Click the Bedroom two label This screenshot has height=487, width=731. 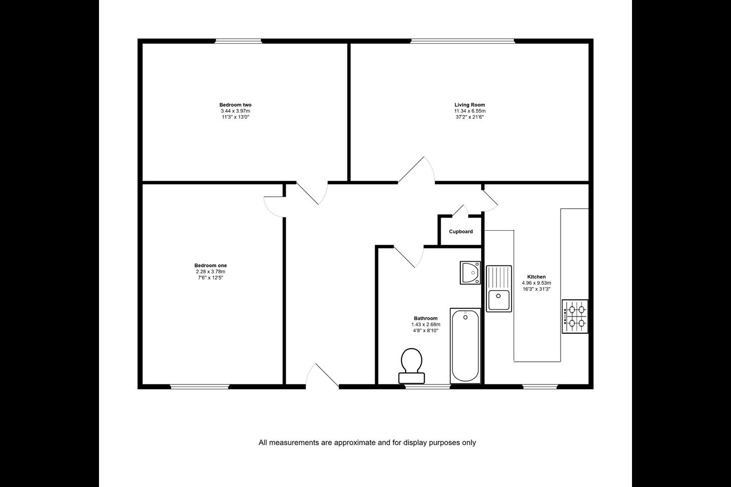pyautogui.click(x=236, y=105)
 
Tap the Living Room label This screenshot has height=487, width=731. pyautogui.click(x=470, y=105)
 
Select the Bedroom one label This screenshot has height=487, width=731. pyautogui.click(x=211, y=265)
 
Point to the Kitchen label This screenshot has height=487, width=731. pyautogui.click(x=536, y=276)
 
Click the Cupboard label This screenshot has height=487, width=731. pyautogui.click(x=461, y=232)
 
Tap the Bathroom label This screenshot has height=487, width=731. pyautogui.click(x=425, y=319)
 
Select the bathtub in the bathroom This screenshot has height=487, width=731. pyautogui.click(x=466, y=346)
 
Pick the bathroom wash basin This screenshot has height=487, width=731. pyautogui.click(x=470, y=273)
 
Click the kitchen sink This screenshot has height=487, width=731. pyautogui.click(x=499, y=289)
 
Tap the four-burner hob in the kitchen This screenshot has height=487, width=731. pyautogui.click(x=575, y=317)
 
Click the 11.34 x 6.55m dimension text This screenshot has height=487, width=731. pyautogui.click(x=470, y=111)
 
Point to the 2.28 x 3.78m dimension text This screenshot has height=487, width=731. pyautogui.click(x=211, y=271)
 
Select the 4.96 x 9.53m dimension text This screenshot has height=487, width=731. pyautogui.click(x=536, y=283)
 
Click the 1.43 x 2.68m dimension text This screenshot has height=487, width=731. pyautogui.click(x=425, y=324)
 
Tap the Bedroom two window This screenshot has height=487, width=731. pyautogui.click(x=239, y=41)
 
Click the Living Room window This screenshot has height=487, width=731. pyautogui.click(x=462, y=41)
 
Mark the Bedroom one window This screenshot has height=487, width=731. pyautogui.click(x=200, y=387)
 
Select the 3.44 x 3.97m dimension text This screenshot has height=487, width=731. pyautogui.click(x=236, y=111)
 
